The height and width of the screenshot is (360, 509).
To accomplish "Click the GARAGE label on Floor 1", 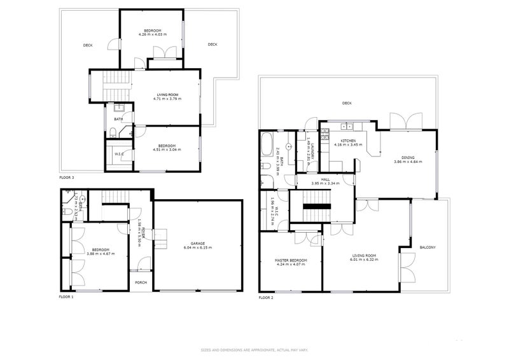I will [197, 244].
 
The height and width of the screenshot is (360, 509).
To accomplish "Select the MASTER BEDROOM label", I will [290, 260].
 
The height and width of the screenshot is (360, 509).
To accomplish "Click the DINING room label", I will [408, 158].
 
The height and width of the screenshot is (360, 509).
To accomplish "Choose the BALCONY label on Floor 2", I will [428, 247].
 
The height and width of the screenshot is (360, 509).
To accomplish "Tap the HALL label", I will [325, 179].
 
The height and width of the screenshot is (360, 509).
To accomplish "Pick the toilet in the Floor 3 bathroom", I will [112, 133].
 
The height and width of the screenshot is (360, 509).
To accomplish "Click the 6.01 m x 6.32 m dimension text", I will [365, 260].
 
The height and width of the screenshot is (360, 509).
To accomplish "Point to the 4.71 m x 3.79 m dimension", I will [167, 99].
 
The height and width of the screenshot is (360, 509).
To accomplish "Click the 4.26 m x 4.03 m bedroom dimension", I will [152, 34].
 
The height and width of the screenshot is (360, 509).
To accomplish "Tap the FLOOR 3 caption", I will [67, 177].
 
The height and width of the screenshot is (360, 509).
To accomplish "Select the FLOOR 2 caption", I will [266, 297].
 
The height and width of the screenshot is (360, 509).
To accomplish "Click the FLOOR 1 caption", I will [67, 297].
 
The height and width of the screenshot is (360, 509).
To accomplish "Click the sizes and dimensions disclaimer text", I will [254, 350].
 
